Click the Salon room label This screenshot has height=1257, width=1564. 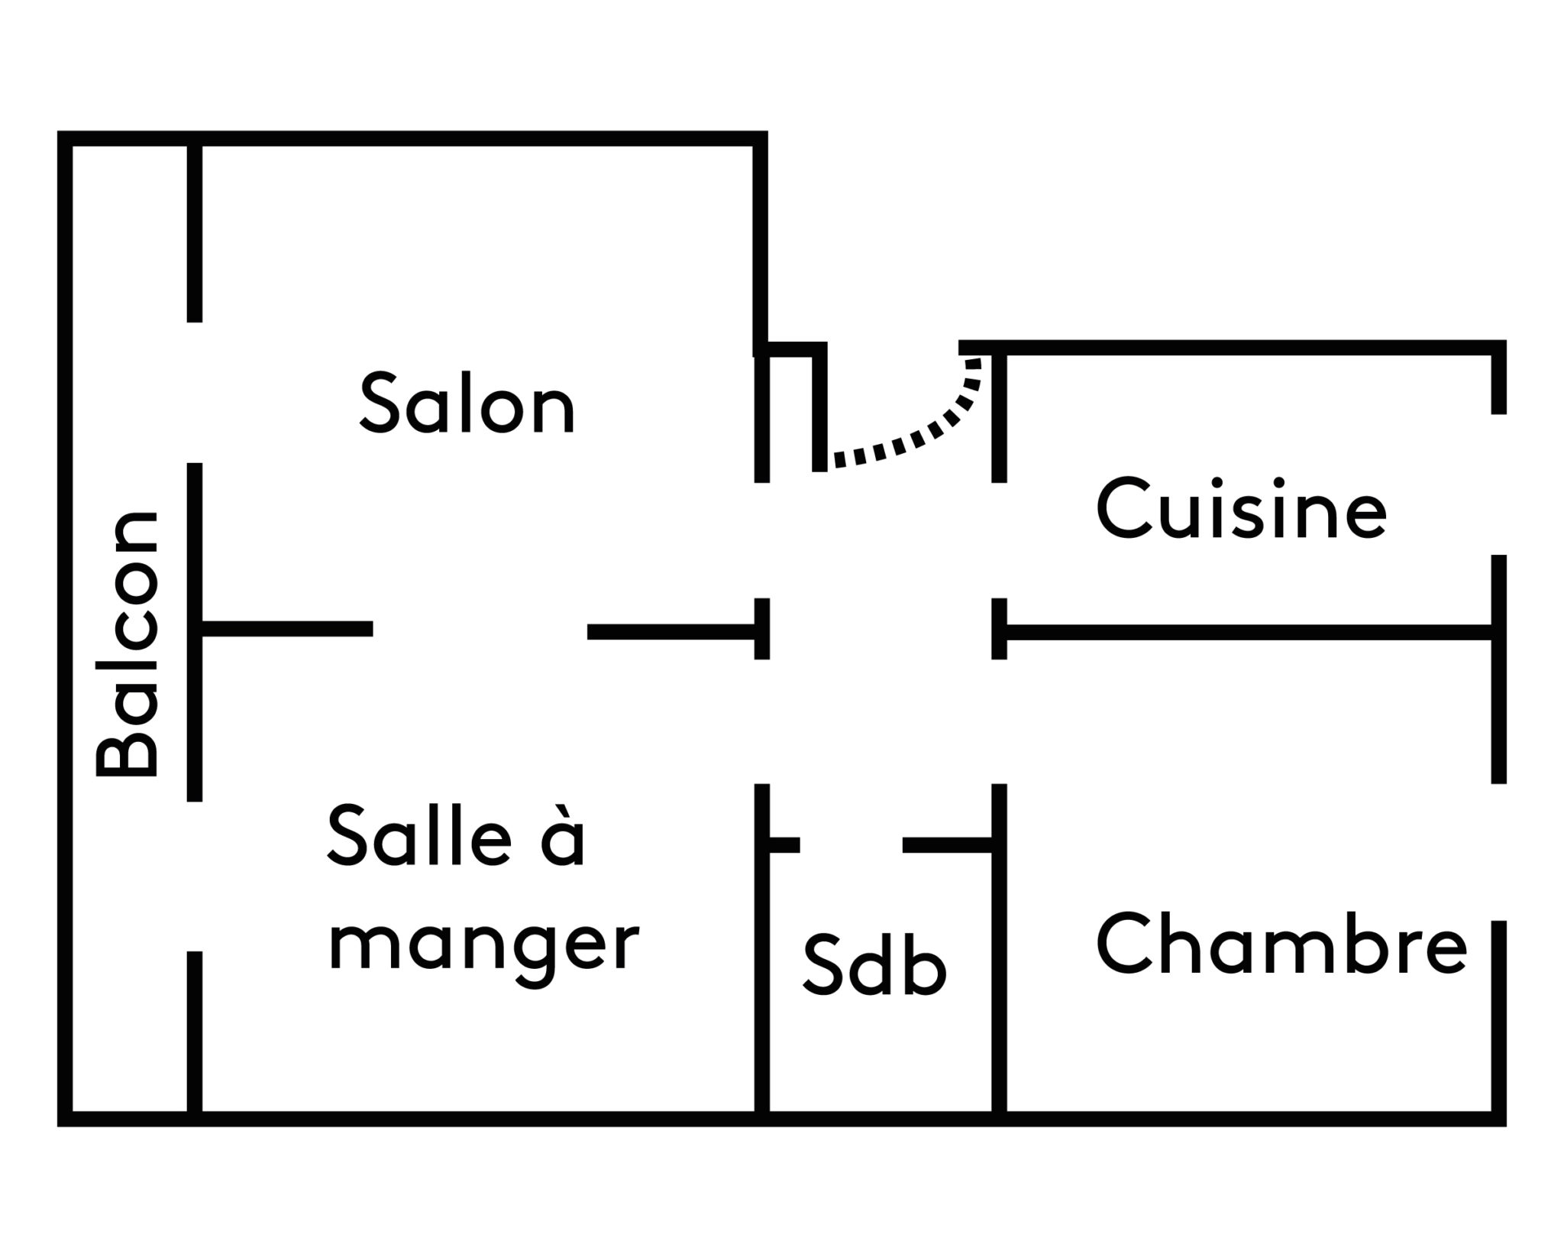(467, 403)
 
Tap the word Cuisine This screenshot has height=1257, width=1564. (1241, 509)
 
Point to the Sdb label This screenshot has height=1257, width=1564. (874, 966)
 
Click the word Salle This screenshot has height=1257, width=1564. (419, 837)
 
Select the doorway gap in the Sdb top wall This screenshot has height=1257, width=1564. (851, 844)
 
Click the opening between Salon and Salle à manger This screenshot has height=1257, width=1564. (480, 630)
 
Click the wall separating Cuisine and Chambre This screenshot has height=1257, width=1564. (1245, 632)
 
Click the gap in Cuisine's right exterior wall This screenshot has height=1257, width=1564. (1498, 484)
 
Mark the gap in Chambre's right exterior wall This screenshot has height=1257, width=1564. (1498, 852)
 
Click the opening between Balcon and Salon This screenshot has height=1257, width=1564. (195, 392)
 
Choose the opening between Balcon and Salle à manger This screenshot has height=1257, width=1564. (195, 876)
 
